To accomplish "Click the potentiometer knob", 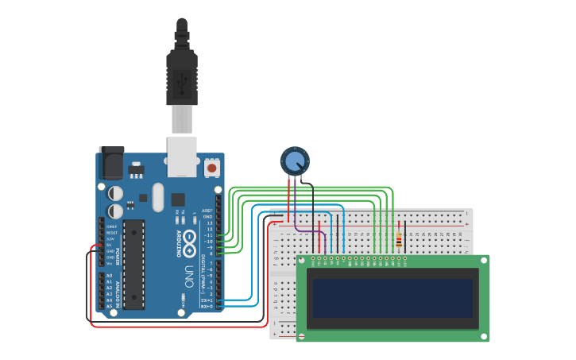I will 295,161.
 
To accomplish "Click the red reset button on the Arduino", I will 212,168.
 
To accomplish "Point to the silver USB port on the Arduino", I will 182,156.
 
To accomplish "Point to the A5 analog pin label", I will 109,305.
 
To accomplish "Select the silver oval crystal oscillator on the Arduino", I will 157,196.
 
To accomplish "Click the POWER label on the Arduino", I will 117,257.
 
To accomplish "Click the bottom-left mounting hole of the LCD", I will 303,336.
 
